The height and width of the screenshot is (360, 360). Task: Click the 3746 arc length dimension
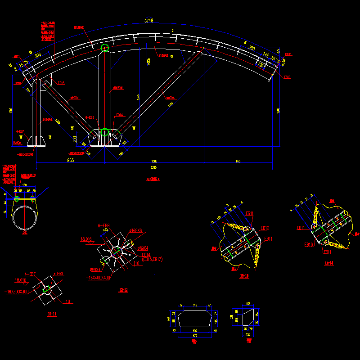tap(148, 20)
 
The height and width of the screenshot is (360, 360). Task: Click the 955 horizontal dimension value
tap(71, 160)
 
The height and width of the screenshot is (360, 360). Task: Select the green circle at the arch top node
tap(105, 48)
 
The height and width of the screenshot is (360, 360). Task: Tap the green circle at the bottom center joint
tap(104, 132)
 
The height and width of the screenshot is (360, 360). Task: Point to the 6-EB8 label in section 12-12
tap(103, 226)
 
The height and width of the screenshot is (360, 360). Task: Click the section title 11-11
tap(52, 314)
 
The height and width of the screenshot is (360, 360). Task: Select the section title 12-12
tap(123, 291)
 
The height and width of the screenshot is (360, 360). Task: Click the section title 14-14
tap(328, 263)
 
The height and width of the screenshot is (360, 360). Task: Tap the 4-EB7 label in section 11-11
tap(30, 274)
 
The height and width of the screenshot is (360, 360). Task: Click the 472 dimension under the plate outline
tap(194, 335)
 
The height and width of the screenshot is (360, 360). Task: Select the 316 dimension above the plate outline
tap(195, 306)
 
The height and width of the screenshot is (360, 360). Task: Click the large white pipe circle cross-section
tap(25, 218)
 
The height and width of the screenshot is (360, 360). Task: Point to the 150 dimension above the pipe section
tap(25, 185)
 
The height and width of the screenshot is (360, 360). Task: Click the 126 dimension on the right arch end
tap(260, 64)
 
